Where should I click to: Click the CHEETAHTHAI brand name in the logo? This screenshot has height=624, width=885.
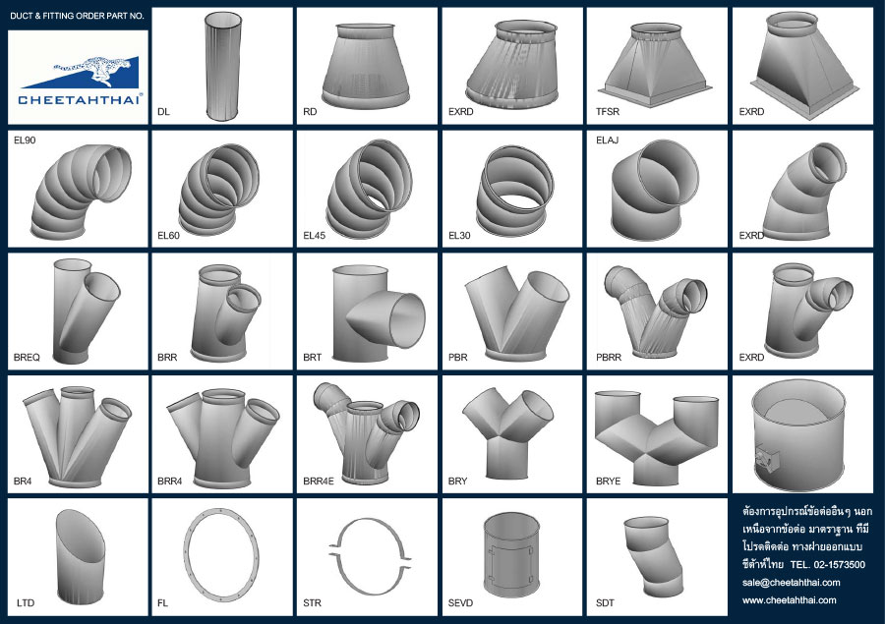(x=79, y=100)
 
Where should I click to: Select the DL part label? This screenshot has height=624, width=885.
(x=163, y=112)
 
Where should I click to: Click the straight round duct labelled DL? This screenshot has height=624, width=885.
(x=223, y=66)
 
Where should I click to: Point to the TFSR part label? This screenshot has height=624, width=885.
(x=608, y=112)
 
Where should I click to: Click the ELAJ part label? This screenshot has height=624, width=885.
(x=608, y=140)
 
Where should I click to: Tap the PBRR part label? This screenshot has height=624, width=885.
(x=609, y=357)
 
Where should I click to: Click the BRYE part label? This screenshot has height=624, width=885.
(x=608, y=482)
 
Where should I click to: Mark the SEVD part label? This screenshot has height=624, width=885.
(x=460, y=603)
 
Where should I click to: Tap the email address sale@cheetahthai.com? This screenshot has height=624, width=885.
(x=792, y=583)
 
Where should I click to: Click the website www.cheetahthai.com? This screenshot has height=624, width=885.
(x=789, y=600)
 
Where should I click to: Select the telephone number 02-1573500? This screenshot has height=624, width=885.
(x=840, y=565)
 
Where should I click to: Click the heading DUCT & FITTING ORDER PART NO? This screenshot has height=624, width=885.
(x=78, y=16)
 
